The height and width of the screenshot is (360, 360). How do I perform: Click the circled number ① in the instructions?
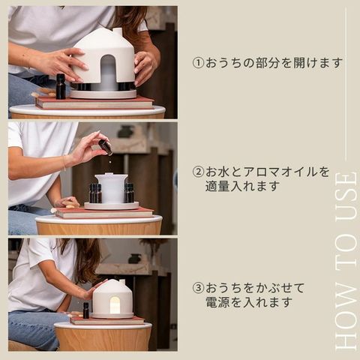pos(199,63)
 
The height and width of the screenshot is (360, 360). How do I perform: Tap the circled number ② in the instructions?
pos(199,172)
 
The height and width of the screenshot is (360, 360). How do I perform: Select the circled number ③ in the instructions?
pos(199,288)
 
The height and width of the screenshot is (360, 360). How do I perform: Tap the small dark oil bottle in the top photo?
pos(61,86)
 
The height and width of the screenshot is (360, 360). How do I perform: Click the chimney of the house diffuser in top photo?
pos(118,31)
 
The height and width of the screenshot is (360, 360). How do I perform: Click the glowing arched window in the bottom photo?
pos(115,305)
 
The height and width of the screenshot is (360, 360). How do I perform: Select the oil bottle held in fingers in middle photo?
pos(105,148)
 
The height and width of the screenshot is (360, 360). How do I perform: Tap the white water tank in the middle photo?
pos(112,188)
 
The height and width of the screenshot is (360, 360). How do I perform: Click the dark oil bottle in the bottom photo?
pos(85,310)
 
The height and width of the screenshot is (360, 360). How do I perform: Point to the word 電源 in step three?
pos(217,302)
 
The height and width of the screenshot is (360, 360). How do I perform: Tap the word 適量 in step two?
pos(217,186)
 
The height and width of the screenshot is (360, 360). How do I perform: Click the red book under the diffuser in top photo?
pos(95,103)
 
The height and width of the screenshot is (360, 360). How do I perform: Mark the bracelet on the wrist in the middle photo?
pos(64,163)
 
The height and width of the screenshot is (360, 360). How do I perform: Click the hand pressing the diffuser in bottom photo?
pos(92,290)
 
